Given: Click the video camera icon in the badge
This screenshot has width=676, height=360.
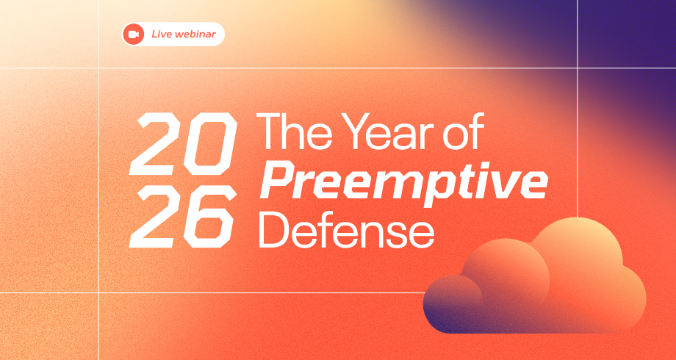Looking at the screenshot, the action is click(x=133, y=34).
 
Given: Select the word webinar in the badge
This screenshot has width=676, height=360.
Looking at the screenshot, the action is click(x=194, y=34).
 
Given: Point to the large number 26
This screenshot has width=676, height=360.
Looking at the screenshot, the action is click(x=183, y=217).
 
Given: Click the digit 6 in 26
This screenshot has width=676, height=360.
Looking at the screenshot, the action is click(x=211, y=217).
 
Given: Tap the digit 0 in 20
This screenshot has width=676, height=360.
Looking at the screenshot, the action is click(x=211, y=144).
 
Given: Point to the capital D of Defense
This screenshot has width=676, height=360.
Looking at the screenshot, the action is click(x=274, y=229).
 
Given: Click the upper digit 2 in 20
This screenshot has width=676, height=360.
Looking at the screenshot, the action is click(x=157, y=144).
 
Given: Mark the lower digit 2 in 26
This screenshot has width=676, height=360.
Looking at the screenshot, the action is click(x=156, y=217).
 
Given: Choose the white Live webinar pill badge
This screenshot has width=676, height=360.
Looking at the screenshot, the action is click(x=173, y=34).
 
